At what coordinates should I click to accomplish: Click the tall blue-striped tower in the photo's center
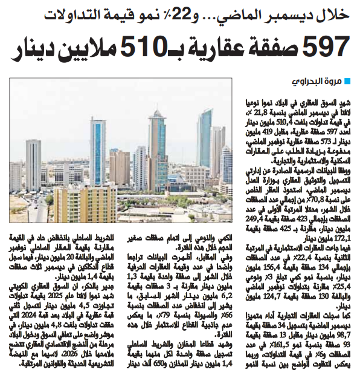[98, 151]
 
